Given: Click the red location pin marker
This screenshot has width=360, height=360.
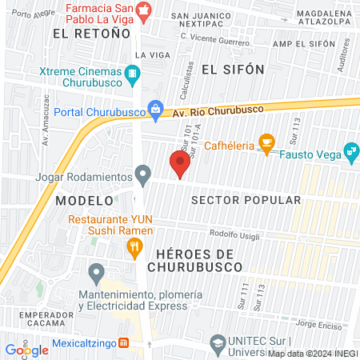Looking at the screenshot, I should coord(180,164).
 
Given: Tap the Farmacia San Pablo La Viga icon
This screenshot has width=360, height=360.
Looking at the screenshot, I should coord(143,10).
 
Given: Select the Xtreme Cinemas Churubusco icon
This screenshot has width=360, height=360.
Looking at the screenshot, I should coord(133,76).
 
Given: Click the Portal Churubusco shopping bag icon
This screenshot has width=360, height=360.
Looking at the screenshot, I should coord(155,110).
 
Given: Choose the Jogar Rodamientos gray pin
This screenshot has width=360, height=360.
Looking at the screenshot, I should coord(143,174).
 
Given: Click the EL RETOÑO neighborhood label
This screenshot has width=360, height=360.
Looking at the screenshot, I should coord(91,34).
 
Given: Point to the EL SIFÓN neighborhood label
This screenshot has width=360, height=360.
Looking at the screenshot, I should coord(233,70).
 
